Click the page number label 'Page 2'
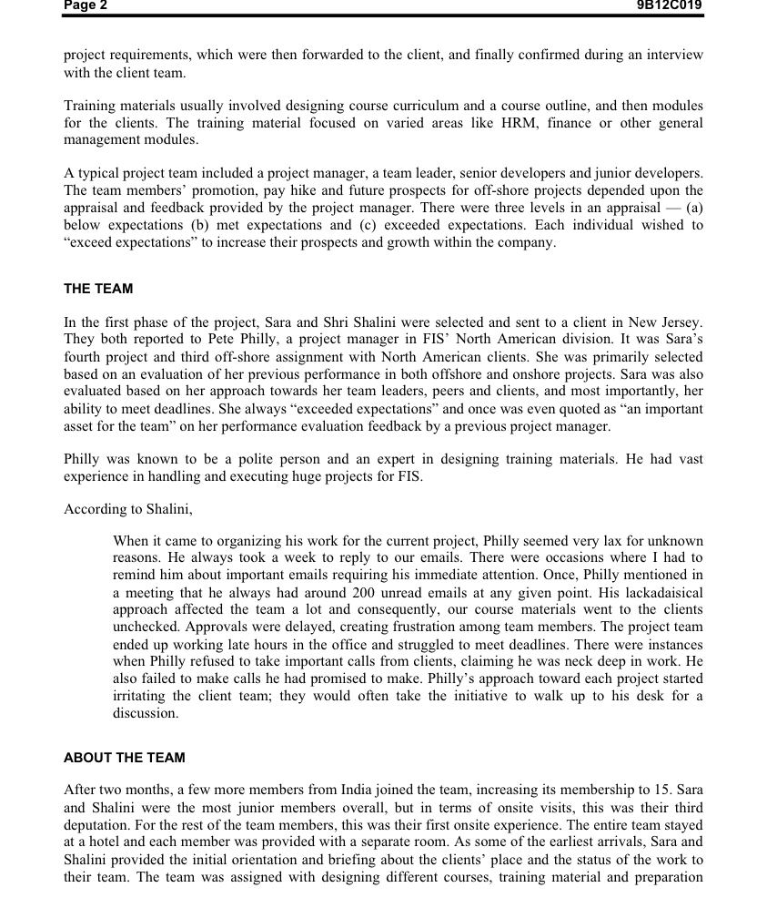(86, 5)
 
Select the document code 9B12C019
(669, 5)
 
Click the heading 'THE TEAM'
(98, 289)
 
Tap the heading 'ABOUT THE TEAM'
(124, 758)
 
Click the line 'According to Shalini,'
(127, 509)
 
